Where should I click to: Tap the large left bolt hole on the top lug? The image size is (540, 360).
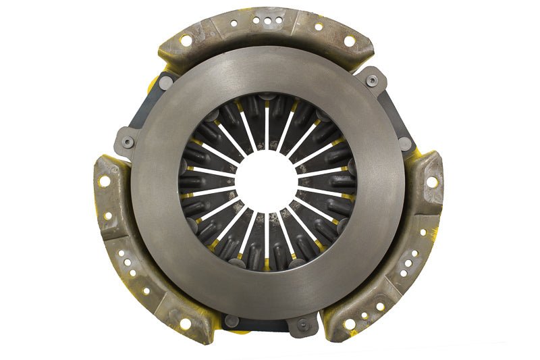pos(186,41)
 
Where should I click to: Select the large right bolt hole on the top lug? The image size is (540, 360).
pos(350,41)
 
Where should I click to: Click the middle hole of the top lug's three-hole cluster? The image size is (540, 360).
pos(269,21)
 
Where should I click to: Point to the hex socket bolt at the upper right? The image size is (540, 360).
pos(372,80)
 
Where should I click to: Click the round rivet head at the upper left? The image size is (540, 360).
pos(165,82)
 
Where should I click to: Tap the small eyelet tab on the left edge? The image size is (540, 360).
pos(127,142)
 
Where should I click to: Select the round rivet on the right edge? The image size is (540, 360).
pos(404,143)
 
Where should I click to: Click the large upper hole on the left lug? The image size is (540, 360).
pos(105,182)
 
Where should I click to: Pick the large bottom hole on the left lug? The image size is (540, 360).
pos(185,324)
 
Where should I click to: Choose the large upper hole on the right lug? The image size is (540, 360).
pos(431,182)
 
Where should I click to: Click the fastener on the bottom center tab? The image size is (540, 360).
pos(301,324)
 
